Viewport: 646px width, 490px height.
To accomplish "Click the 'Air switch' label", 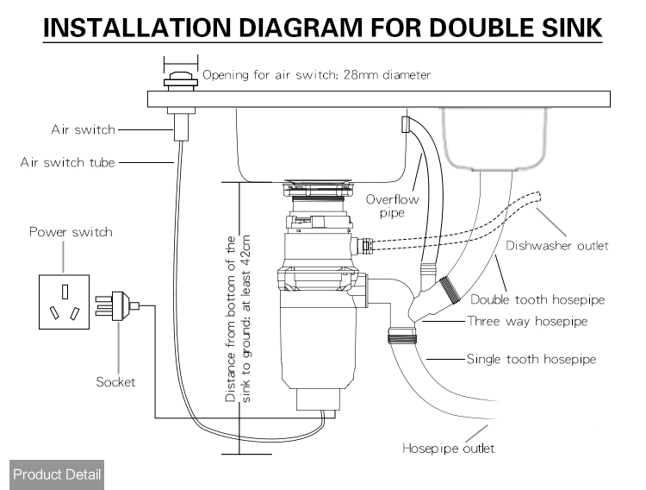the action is click(x=84, y=129).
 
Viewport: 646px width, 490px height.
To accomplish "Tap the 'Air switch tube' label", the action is click(x=67, y=162).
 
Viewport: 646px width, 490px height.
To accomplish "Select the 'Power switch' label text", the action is click(x=71, y=231).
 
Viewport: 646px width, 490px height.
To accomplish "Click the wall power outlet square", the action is click(x=65, y=302).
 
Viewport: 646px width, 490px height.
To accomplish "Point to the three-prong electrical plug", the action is click(x=117, y=305).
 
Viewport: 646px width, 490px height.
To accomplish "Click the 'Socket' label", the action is click(x=115, y=382).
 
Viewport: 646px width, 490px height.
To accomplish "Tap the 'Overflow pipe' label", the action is click(x=392, y=206).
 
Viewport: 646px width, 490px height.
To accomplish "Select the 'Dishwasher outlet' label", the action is click(x=557, y=246).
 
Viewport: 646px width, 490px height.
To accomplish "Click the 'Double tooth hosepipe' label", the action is click(x=537, y=299).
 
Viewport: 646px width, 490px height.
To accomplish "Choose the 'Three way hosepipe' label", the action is click(x=527, y=321).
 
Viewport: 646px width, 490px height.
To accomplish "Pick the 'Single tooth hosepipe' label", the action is click(x=531, y=359).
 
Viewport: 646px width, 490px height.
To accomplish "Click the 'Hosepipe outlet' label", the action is click(x=448, y=449).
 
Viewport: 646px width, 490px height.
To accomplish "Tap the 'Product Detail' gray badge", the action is click(x=57, y=474).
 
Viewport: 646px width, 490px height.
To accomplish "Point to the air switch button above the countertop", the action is click(x=181, y=79).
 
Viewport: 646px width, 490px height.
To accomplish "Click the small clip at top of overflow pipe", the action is click(x=406, y=124).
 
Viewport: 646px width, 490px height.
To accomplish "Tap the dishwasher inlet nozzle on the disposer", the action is click(x=363, y=246).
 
